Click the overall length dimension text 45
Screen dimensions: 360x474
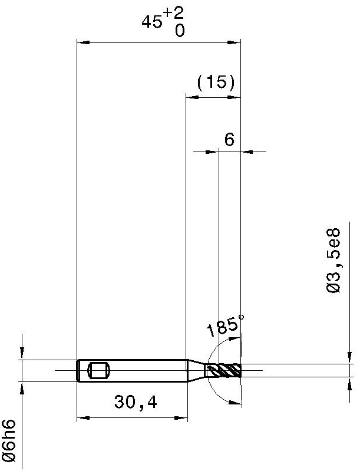tap(151, 22)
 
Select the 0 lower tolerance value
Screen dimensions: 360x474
tap(179, 31)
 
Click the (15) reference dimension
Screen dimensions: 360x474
tap(216, 82)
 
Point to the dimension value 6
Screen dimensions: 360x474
tap(230, 139)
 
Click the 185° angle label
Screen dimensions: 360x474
tap(225, 325)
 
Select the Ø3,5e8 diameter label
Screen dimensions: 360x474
tap(333, 261)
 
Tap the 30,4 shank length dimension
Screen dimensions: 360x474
tap(136, 402)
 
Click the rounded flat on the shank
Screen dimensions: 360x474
tap(99, 371)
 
